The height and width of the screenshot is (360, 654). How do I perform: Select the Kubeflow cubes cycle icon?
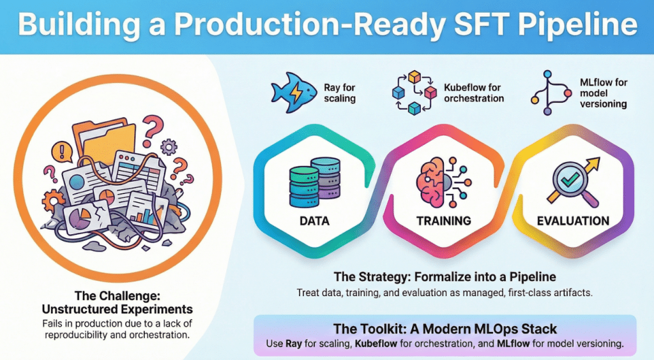tap(414, 93)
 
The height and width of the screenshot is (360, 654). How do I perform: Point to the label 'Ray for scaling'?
tap(340, 93)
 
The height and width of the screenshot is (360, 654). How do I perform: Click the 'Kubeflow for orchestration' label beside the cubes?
tap(474, 93)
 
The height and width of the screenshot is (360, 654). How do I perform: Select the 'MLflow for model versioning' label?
tap(604, 93)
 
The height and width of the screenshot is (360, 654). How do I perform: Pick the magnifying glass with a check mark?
tap(573, 183)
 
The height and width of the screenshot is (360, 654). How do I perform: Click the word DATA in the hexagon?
tap(314, 221)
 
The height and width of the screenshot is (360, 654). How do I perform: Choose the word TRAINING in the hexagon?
tap(444, 221)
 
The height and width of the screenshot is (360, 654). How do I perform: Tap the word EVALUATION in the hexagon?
tap(573, 221)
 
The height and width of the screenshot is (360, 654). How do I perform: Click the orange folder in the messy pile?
tap(105, 142)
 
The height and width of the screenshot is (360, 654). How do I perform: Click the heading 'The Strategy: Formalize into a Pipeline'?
tap(445, 276)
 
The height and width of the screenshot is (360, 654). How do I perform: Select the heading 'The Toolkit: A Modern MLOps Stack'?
tap(445, 329)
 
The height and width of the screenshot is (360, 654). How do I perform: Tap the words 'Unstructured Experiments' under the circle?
tap(118, 309)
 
